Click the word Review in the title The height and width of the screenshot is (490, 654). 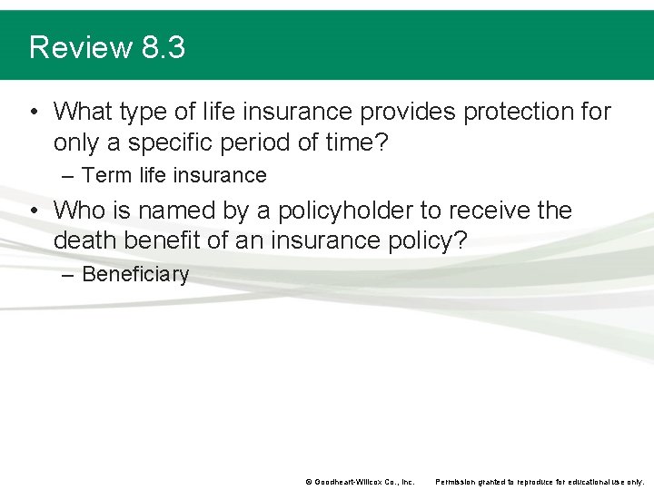81,47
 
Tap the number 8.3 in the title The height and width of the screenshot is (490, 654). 163,47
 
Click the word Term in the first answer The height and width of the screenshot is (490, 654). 106,175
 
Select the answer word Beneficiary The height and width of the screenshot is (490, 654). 135,274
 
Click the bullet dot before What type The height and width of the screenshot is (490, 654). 33,113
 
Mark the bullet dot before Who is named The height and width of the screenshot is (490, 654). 33,211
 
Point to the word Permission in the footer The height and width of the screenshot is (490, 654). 458,482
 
